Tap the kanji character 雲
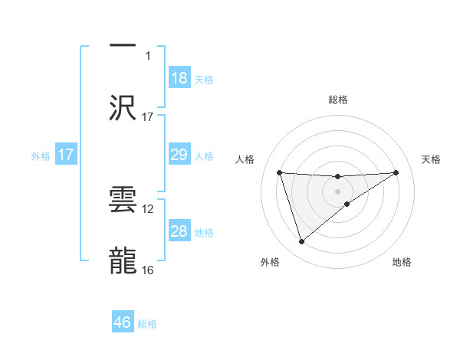tap(123, 198)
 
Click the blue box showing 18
tap(179, 78)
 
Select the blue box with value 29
tap(179, 155)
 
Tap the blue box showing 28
tap(179, 231)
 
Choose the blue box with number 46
tap(123, 322)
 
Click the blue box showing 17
tap(66, 155)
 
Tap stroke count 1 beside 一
tap(148, 55)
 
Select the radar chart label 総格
tap(338, 100)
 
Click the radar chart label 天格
tap(431, 159)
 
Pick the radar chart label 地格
tap(402, 262)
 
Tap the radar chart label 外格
tap(270, 262)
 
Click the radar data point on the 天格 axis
tap(396, 172)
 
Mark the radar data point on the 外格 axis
tap(302, 242)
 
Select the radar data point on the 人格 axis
tap(280, 172)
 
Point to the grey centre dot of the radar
tap(338, 191)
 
